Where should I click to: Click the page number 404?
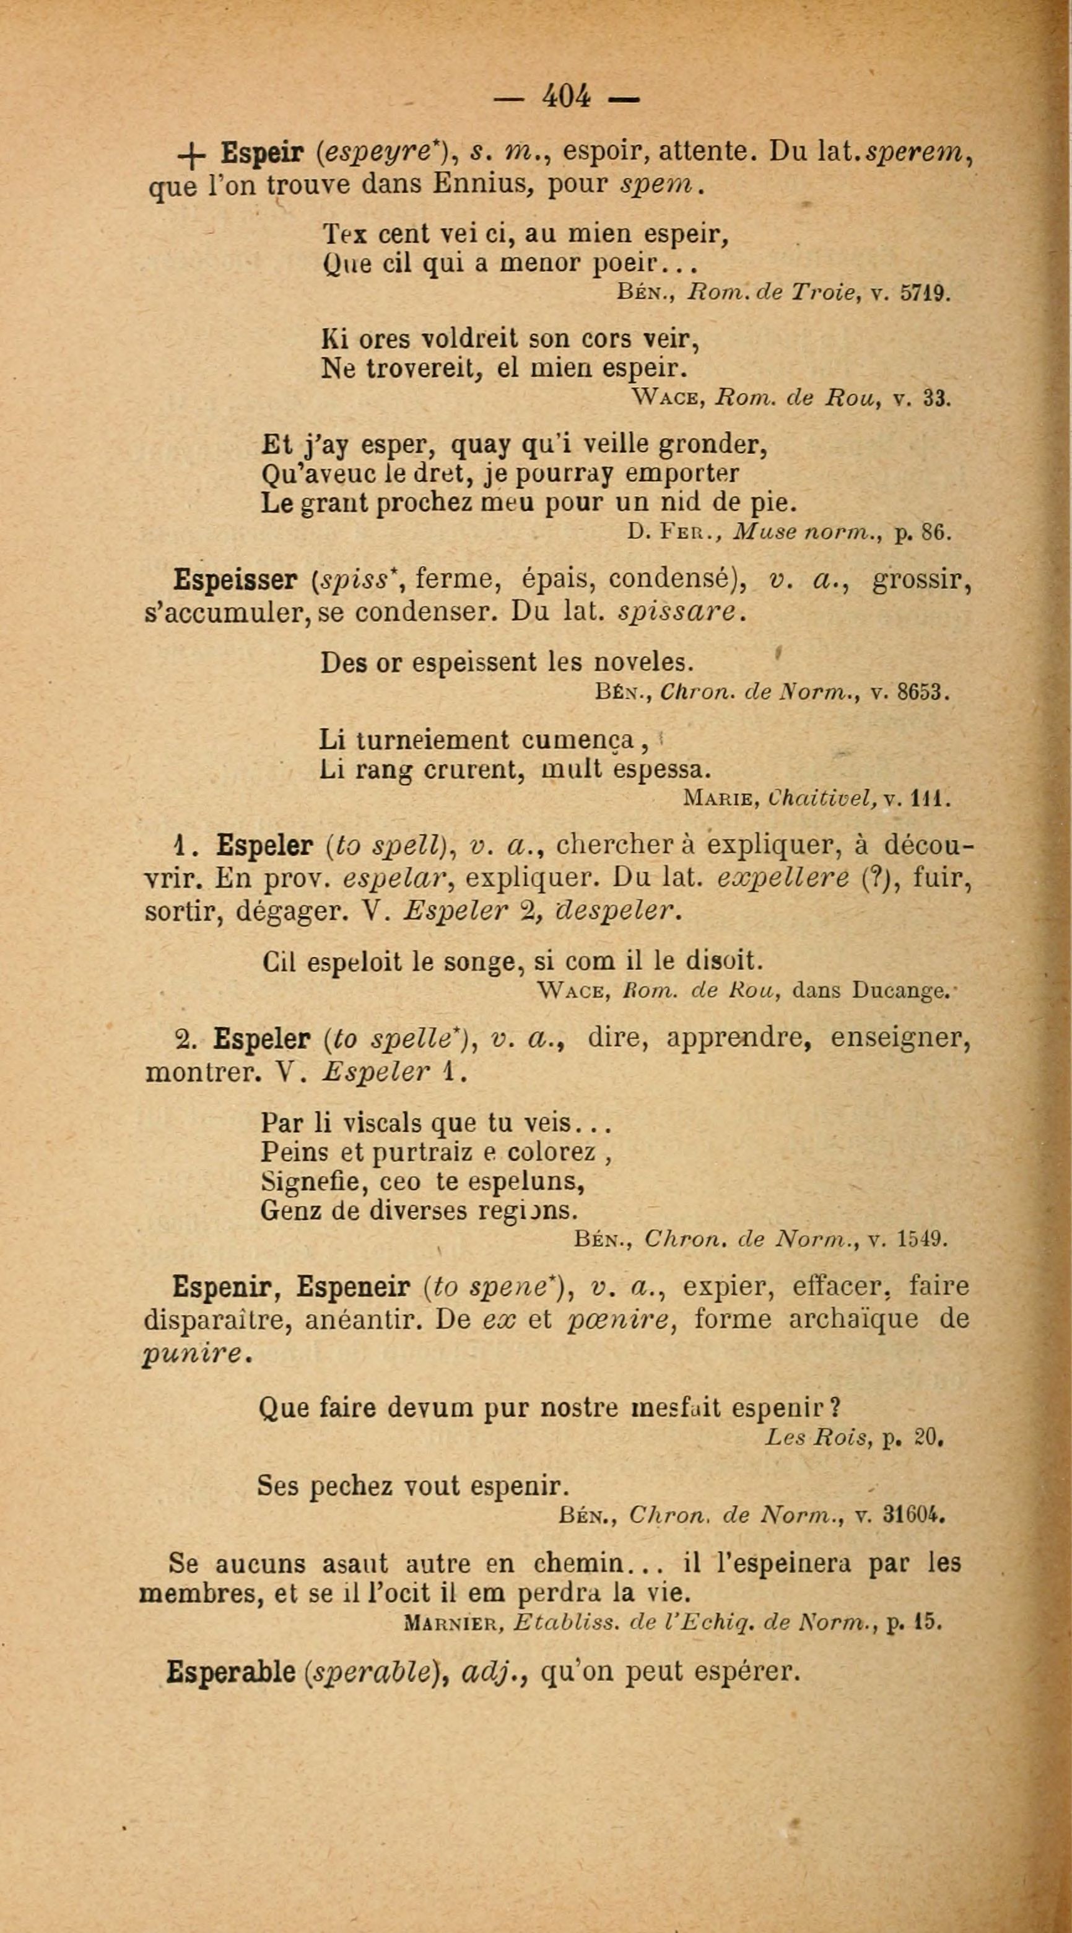567,96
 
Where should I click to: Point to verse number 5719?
924,293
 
